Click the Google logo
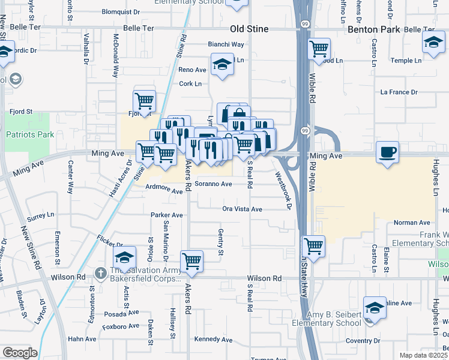[19, 353]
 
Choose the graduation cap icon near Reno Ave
[222, 64]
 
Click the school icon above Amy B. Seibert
[375, 308]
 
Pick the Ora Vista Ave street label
[243, 209]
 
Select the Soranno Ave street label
[213, 184]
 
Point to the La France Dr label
[399, 92]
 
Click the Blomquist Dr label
[121, 11]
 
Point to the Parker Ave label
[166, 215]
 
